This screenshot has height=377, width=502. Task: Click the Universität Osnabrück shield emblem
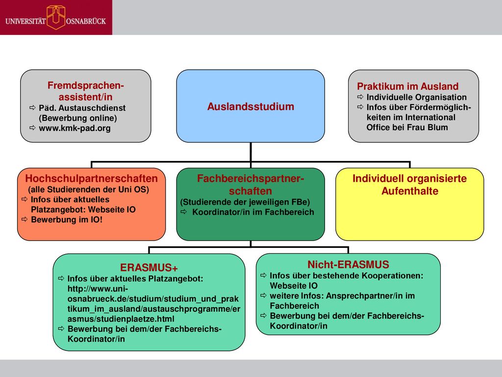point(56,18)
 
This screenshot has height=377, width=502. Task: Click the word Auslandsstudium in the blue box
point(251,107)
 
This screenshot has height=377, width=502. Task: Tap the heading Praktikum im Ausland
point(407,86)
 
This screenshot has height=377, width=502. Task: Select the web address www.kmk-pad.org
point(75,128)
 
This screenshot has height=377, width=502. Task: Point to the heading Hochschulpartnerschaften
point(92,178)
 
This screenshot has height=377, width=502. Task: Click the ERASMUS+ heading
point(149,268)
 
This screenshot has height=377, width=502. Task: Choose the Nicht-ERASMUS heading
point(349,265)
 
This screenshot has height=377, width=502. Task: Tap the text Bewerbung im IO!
point(67,219)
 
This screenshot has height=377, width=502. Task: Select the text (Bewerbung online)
point(78,118)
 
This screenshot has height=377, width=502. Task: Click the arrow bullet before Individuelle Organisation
point(360,97)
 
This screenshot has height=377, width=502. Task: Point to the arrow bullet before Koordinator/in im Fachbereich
point(183,212)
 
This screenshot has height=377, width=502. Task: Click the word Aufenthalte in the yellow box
point(410,191)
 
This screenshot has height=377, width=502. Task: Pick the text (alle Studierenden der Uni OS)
point(88,189)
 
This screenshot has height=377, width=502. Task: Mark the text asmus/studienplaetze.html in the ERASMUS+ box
point(121,319)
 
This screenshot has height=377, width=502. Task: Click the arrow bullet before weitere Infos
point(263,295)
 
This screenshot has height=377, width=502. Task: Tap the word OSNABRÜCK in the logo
point(86,21)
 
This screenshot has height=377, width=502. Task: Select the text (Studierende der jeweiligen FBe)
point(245,202)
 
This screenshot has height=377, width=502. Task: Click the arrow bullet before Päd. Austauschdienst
point(32,108)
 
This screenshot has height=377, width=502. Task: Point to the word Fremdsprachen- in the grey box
point(85,85)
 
